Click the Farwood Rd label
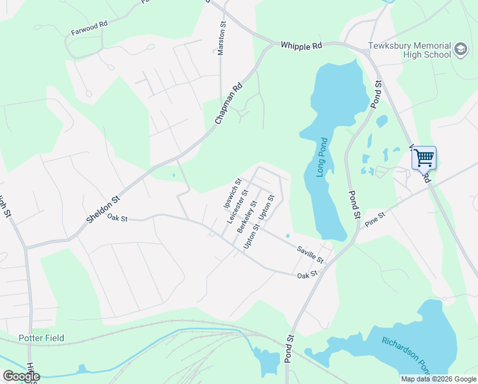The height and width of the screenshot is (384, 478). tap(89, 30)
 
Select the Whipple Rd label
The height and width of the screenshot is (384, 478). tap(301, 46)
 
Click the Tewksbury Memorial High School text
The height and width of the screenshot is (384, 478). tap(409, 51)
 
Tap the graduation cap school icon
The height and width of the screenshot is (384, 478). tap(460, 50)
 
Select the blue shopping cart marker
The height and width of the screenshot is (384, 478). tap(424, 157)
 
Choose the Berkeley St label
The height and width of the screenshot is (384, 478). tap(247, 216)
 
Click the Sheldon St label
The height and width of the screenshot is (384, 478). tap(104, 209)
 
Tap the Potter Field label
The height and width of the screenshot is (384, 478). tap(42, 338)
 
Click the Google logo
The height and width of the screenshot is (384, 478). tap(21, 376)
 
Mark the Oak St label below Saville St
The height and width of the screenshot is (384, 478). tap(307, 275)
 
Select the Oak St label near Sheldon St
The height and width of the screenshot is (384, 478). tap(118, 218)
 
